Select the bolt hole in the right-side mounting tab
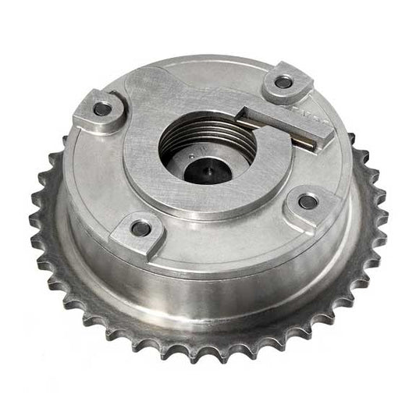[308, 202]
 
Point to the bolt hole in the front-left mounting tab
[141, 228]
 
